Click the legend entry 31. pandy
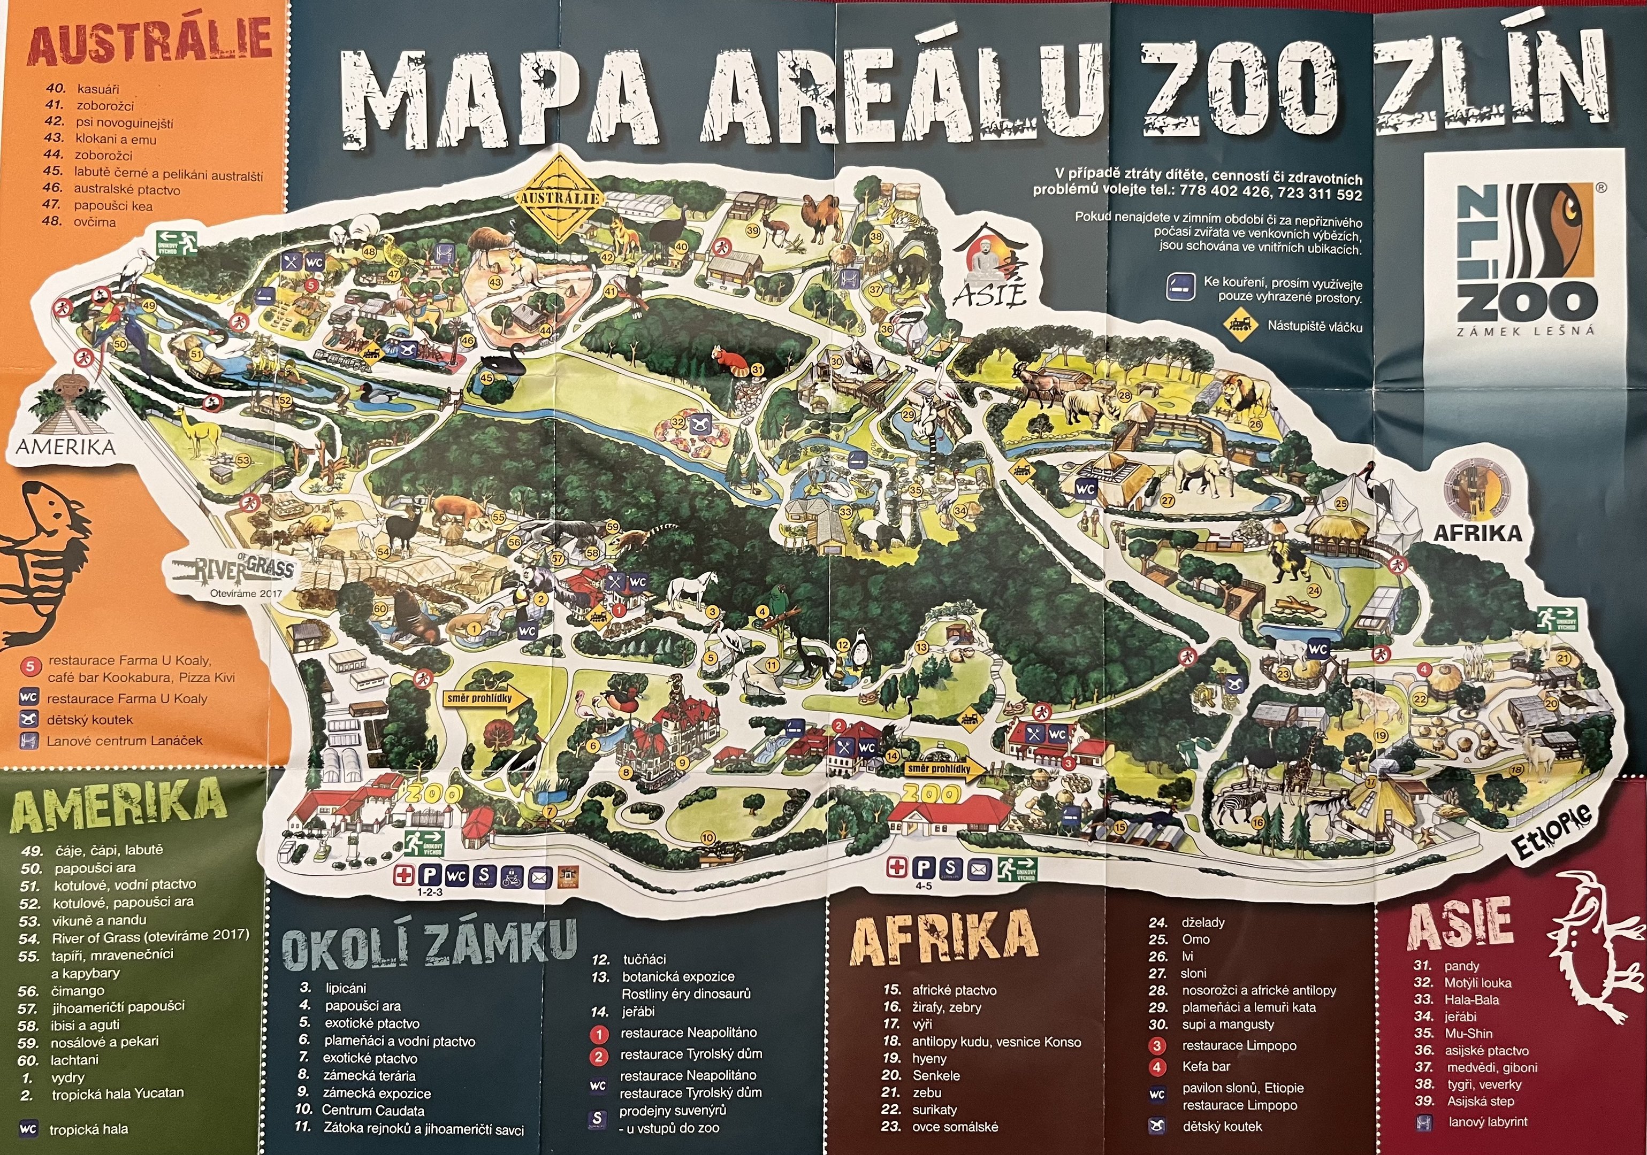coord(1445,966)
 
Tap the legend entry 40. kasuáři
coord(82,89)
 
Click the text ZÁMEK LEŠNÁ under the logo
coord(1525,330)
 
